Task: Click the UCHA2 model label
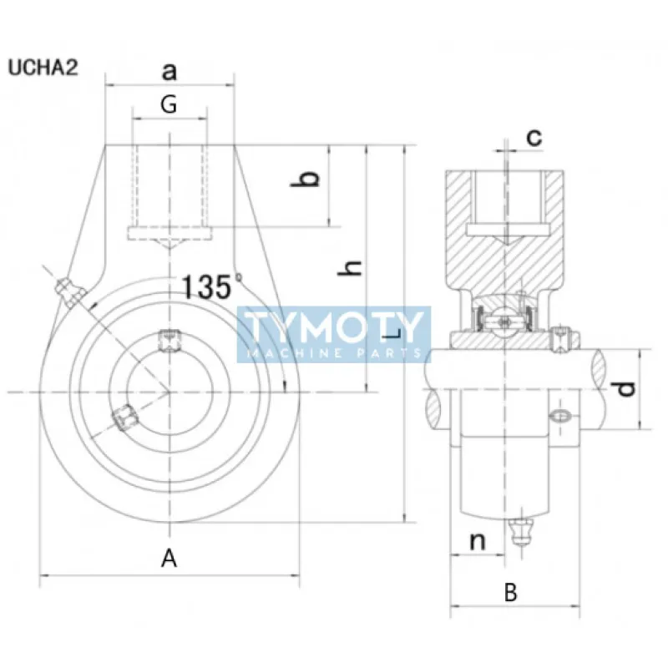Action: click(43, 68)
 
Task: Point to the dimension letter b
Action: click(308, 179)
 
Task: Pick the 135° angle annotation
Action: click(209, 286)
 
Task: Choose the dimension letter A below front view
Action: click(170, 558)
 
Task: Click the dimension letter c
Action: click(534, 136)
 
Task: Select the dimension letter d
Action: click(628, 388)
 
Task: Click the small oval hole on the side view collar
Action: click(559, 415)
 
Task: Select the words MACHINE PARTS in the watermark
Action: click(334, 353)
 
